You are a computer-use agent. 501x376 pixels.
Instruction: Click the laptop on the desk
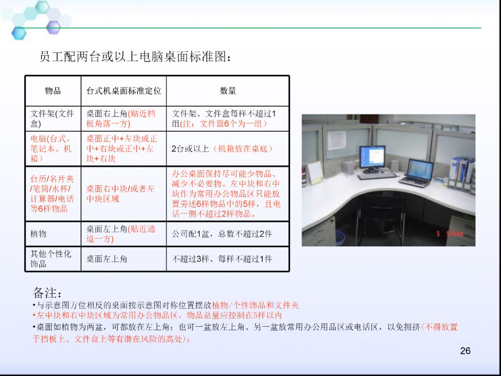click(x=417, y=173)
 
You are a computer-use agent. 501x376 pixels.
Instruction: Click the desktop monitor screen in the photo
click(x=372, y=157)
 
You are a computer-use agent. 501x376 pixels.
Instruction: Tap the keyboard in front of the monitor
click(x=377, y=176)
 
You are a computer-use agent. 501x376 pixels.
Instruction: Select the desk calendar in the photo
click(x=315, y=173)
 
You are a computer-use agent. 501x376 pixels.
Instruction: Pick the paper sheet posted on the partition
click(x=336, y=140)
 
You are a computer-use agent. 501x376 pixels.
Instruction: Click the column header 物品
click(x=53, y=91)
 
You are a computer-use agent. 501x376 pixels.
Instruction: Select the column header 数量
click(x=228, y=91)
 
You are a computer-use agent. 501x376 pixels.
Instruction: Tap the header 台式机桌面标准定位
click(x=124, y=91)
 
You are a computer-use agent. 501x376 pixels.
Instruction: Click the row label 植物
click(x=39, y=233)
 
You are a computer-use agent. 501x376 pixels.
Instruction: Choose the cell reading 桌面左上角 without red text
click(x=107, y=259)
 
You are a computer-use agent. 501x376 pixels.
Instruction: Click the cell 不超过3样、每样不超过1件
click(x=222, y=259)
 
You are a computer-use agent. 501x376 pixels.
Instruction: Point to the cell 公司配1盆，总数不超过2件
click(x=222, y=233)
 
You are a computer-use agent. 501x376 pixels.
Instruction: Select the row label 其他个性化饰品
click(x=51, y=259)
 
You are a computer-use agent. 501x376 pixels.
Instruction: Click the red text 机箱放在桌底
click(x=243, y=149)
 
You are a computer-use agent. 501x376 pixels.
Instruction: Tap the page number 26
click(x=465, y=351)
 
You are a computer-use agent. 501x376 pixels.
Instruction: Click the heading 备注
click(x=47, y=292)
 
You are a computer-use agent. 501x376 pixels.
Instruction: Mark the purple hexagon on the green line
click(x=53, y=27)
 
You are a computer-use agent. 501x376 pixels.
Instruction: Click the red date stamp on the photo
click(x=450, y=234)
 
